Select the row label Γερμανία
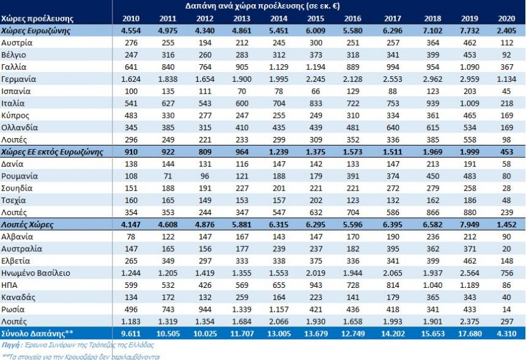click(x=19, y=79)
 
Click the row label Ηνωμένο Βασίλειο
click(x=36, y=273)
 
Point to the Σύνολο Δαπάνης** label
click(x=31, y=333)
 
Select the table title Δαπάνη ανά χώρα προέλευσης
click(x=264, y=6)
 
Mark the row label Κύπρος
click(x=15, y=116)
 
